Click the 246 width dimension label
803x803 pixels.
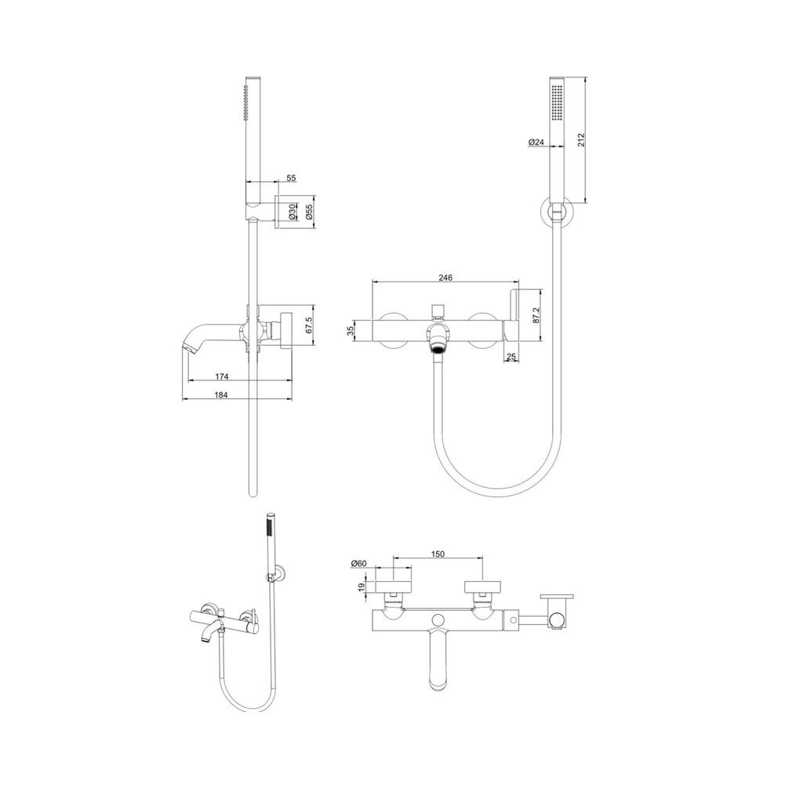[x=445, y=278]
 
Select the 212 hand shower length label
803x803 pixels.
[x=581, y=140]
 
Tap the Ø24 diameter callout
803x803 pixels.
[x=536, y=142]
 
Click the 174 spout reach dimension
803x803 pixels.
[x=221, y=376]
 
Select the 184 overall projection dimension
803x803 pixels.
[x=221, y=394]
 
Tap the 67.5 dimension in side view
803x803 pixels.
[x=309, y=325]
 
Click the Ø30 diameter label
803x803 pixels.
[x=292, y=211]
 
